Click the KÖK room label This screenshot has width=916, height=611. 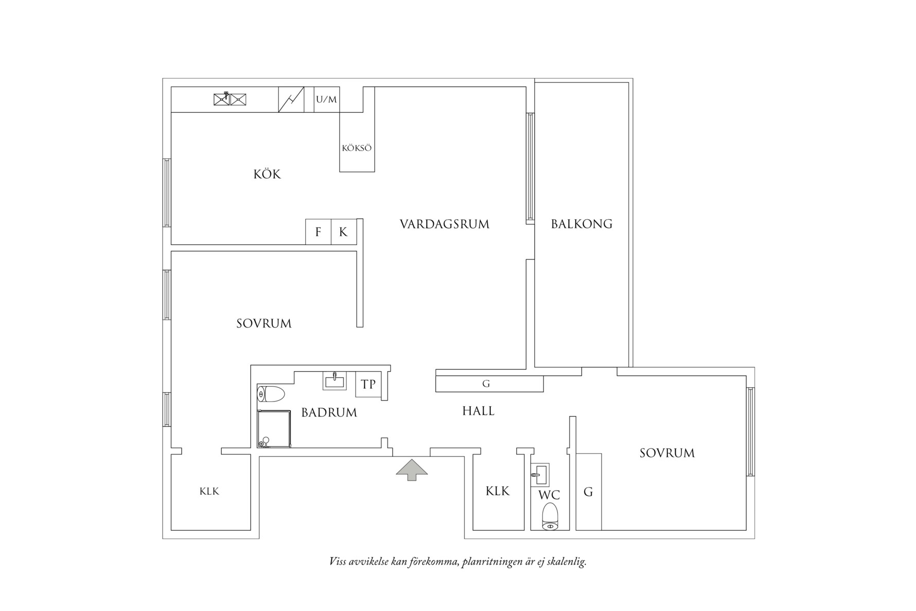267,174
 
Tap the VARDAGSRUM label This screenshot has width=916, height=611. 445,224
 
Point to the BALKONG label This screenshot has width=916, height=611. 582,224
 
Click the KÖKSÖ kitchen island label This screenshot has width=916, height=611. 357,148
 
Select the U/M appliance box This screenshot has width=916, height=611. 327,99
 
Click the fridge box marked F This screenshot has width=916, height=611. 318,232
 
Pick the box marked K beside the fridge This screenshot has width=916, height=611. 343,232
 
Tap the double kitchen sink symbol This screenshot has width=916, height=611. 230,99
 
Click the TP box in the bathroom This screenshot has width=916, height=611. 368,384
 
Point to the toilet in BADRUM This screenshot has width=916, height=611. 271,395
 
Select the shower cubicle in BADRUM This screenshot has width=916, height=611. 274,428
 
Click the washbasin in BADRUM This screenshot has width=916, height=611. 335,381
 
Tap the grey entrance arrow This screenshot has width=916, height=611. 412,469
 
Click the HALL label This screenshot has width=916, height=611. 478,411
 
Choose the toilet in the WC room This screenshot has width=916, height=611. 550,517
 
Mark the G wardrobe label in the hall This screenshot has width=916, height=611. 486,384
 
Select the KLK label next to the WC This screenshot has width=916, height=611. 498,491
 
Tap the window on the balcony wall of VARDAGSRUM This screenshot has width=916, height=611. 530,168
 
